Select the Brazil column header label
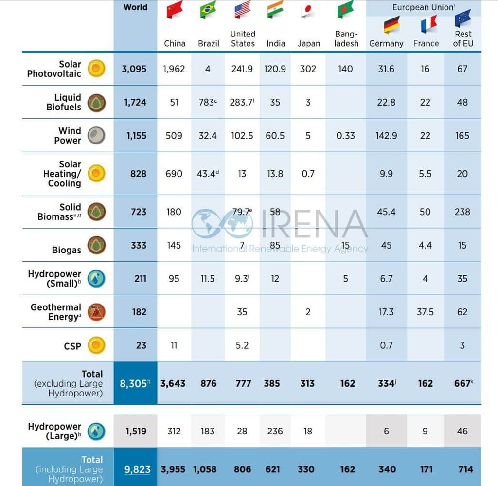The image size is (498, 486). [208, 43]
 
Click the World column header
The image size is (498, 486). [135, 7]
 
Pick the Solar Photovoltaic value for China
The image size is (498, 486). [174, 69]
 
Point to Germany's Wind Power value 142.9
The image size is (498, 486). [386, 136]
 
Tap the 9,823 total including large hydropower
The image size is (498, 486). [137, 469]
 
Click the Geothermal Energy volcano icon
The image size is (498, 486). [96, 312]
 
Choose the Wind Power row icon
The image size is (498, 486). [96, 136]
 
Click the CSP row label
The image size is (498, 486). [72, 346]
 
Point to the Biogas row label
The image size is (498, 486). [67, 250]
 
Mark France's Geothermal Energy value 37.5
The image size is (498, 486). [425, 312]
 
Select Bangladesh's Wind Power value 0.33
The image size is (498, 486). [345, 136]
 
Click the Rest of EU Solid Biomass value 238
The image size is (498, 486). [462, 212]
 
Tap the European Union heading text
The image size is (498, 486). [423, 8]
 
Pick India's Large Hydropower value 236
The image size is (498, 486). [275, 431]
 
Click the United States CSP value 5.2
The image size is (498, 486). [242, 345]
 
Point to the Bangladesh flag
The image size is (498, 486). [345, 9]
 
